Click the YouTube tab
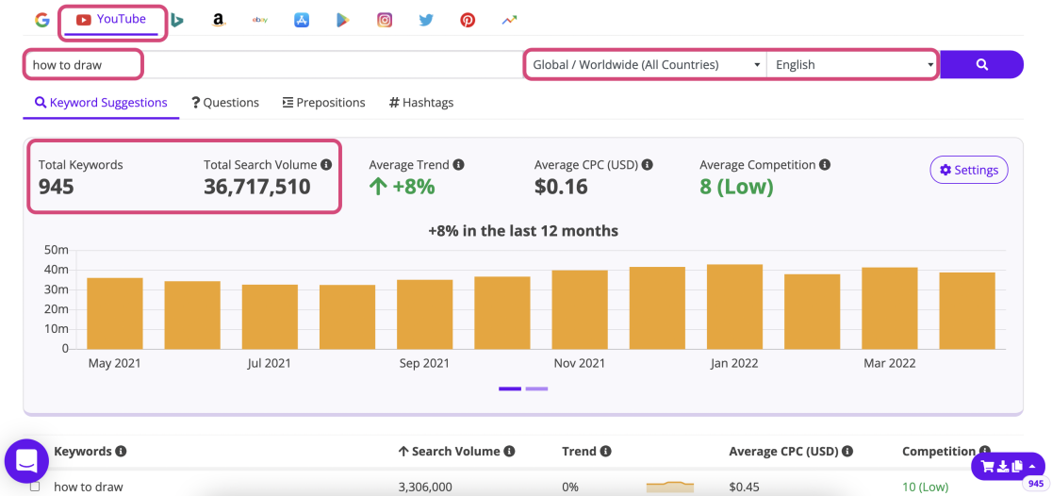[x=112, y=20]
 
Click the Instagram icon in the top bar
[x=385, y=20]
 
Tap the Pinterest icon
[x=468, y=20]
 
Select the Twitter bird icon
[x=426, y=20]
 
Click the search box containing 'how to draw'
[x=83, y=65]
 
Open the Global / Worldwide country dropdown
[x=647, y=65]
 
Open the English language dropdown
[x=851, y=65]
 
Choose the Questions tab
[x=225, y=103]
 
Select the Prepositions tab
[x=323, y=103]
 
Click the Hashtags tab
[x=421, y=103]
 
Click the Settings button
[x=968, y=171]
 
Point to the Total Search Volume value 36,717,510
[x=257, y=187]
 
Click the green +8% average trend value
[x=403, y=187]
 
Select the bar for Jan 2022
[x=734, y=306]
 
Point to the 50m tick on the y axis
[x=56, y=250]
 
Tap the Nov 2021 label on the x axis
[x=579, y=363]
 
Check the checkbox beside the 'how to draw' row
[x=35, y=487]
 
